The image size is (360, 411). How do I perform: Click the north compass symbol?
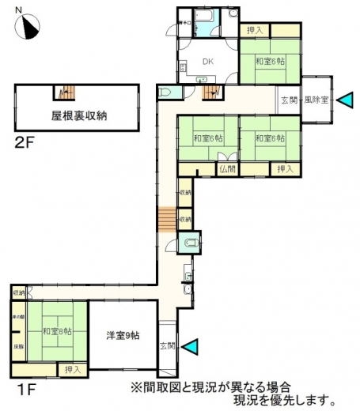pyautogui.click(x=30, y=27)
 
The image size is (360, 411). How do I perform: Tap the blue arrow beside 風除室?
pyautogui.click(x=345, y=100)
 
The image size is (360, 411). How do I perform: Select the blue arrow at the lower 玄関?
pyautogui.click(x=194, y=345)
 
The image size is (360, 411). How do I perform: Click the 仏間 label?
pyautogui.click(x=228, y=168)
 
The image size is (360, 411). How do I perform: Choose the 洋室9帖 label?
pyautogui.click(x=123, y=335)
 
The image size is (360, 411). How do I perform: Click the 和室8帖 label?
pyautogui.click(x=56, y=331)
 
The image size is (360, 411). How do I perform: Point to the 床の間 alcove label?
pyautogui.click(x=17, y=316)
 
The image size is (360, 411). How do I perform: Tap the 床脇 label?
pyautogui.click(x=17, y=346)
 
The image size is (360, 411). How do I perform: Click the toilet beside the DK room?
pyautogui.click(x=165, y=92)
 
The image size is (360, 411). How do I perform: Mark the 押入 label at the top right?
pyautogui.click(x=256, y=30)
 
